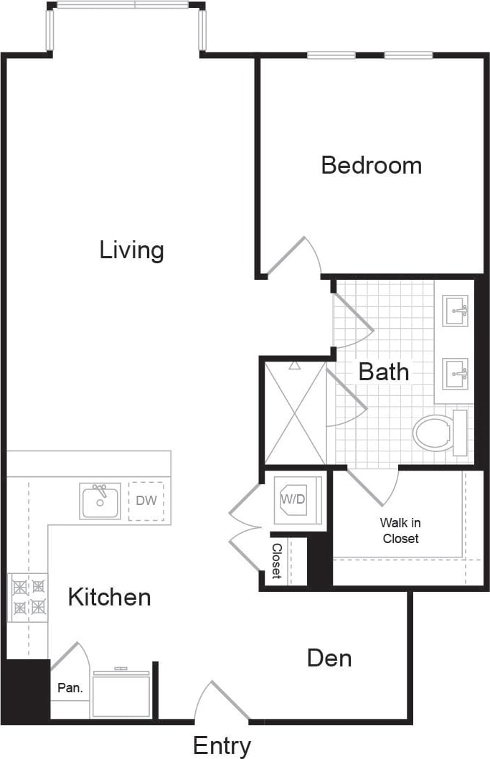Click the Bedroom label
pos(371,165)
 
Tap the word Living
pos(132,250)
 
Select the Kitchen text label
pos(109,597)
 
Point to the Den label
pos(329,657)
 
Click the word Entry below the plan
pos(222,746)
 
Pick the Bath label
pos(384,372)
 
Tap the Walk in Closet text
pos(400,531)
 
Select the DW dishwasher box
pos(146,500)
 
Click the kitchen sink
pos(100,501)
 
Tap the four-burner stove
pos(28,597)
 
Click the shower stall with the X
pos(295,413)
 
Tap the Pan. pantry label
pos(70,687)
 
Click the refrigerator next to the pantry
pos(121,694)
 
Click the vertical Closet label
pos(277,561)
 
